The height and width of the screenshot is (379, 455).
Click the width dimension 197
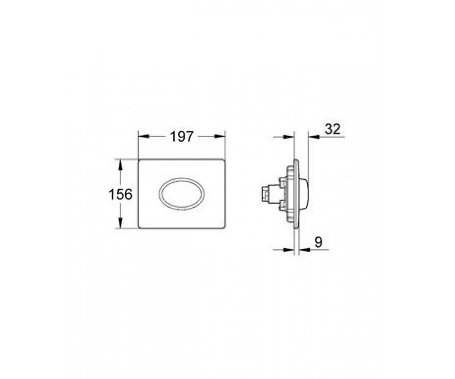[x=182, y=136]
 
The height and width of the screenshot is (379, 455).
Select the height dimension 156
[x=121, y=194]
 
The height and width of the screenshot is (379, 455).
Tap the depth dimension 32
[x=332, y=129]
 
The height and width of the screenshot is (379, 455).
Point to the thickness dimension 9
[x=318, y=242]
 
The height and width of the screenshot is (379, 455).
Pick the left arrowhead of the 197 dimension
[x=144, y=136]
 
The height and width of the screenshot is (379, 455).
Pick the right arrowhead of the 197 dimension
[x=220, y=136]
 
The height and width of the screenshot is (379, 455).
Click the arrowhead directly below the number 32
[x=314, y=137]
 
